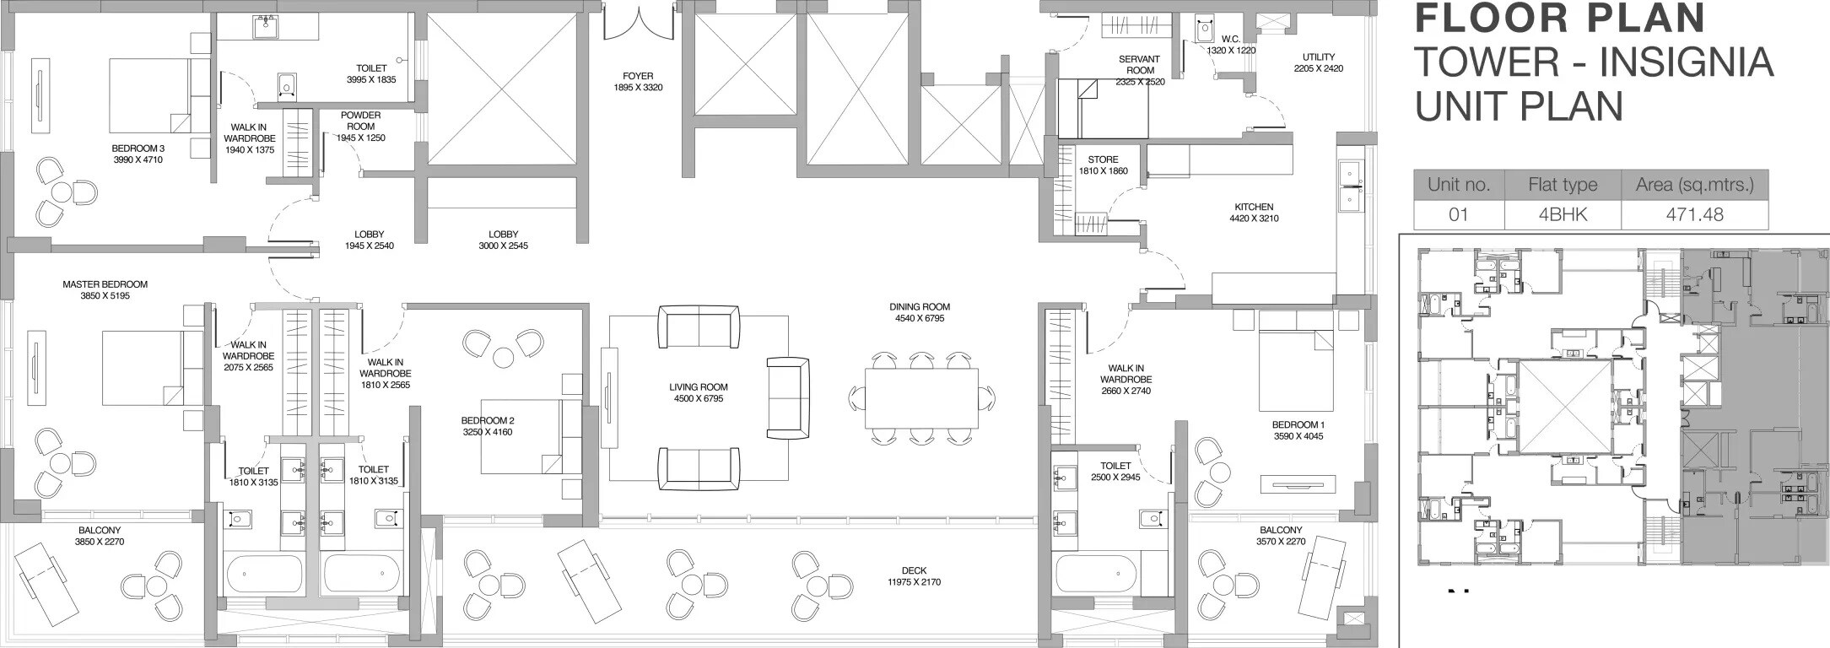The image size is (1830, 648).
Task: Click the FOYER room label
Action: point(637,76)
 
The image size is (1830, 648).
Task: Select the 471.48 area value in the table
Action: point(1694,214)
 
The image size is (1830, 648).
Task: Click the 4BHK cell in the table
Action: point(1563,214)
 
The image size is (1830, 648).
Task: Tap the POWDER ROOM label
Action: point(360,121)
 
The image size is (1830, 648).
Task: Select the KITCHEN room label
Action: point(1254,207)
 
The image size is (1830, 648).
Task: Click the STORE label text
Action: point(1103,159)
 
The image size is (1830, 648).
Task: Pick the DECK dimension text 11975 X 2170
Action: point(914,582)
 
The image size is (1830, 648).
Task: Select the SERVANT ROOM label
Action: point(1139,65)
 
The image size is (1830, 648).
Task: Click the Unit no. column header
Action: point(1459,184)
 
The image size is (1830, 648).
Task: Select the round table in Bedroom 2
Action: point(504,357)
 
